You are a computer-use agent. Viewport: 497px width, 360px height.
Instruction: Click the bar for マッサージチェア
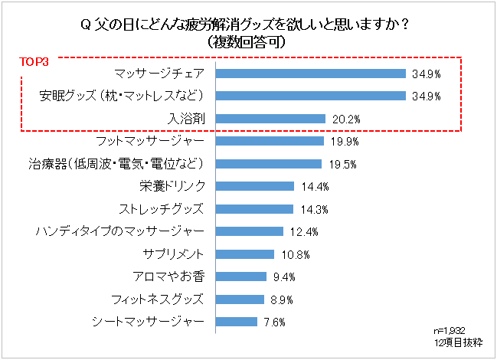coord(311,74)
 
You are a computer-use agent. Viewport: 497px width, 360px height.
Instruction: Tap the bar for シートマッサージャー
coord(237,321)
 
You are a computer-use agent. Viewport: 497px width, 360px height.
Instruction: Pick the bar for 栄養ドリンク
coord(256,186)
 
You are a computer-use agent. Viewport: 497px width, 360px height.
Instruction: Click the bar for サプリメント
coord(246,254)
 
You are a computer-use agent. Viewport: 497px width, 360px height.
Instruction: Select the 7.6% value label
coord(273,322)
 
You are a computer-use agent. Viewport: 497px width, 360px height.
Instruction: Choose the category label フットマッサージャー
coord(150,142)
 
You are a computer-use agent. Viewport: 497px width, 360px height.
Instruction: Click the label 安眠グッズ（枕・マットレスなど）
coord(122,97)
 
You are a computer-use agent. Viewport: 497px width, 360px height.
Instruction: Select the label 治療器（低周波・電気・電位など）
coord(116,164)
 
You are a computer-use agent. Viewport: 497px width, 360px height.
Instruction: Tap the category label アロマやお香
coord(169,277)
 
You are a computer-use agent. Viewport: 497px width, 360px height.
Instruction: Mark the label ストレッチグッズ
coord(162,208)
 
